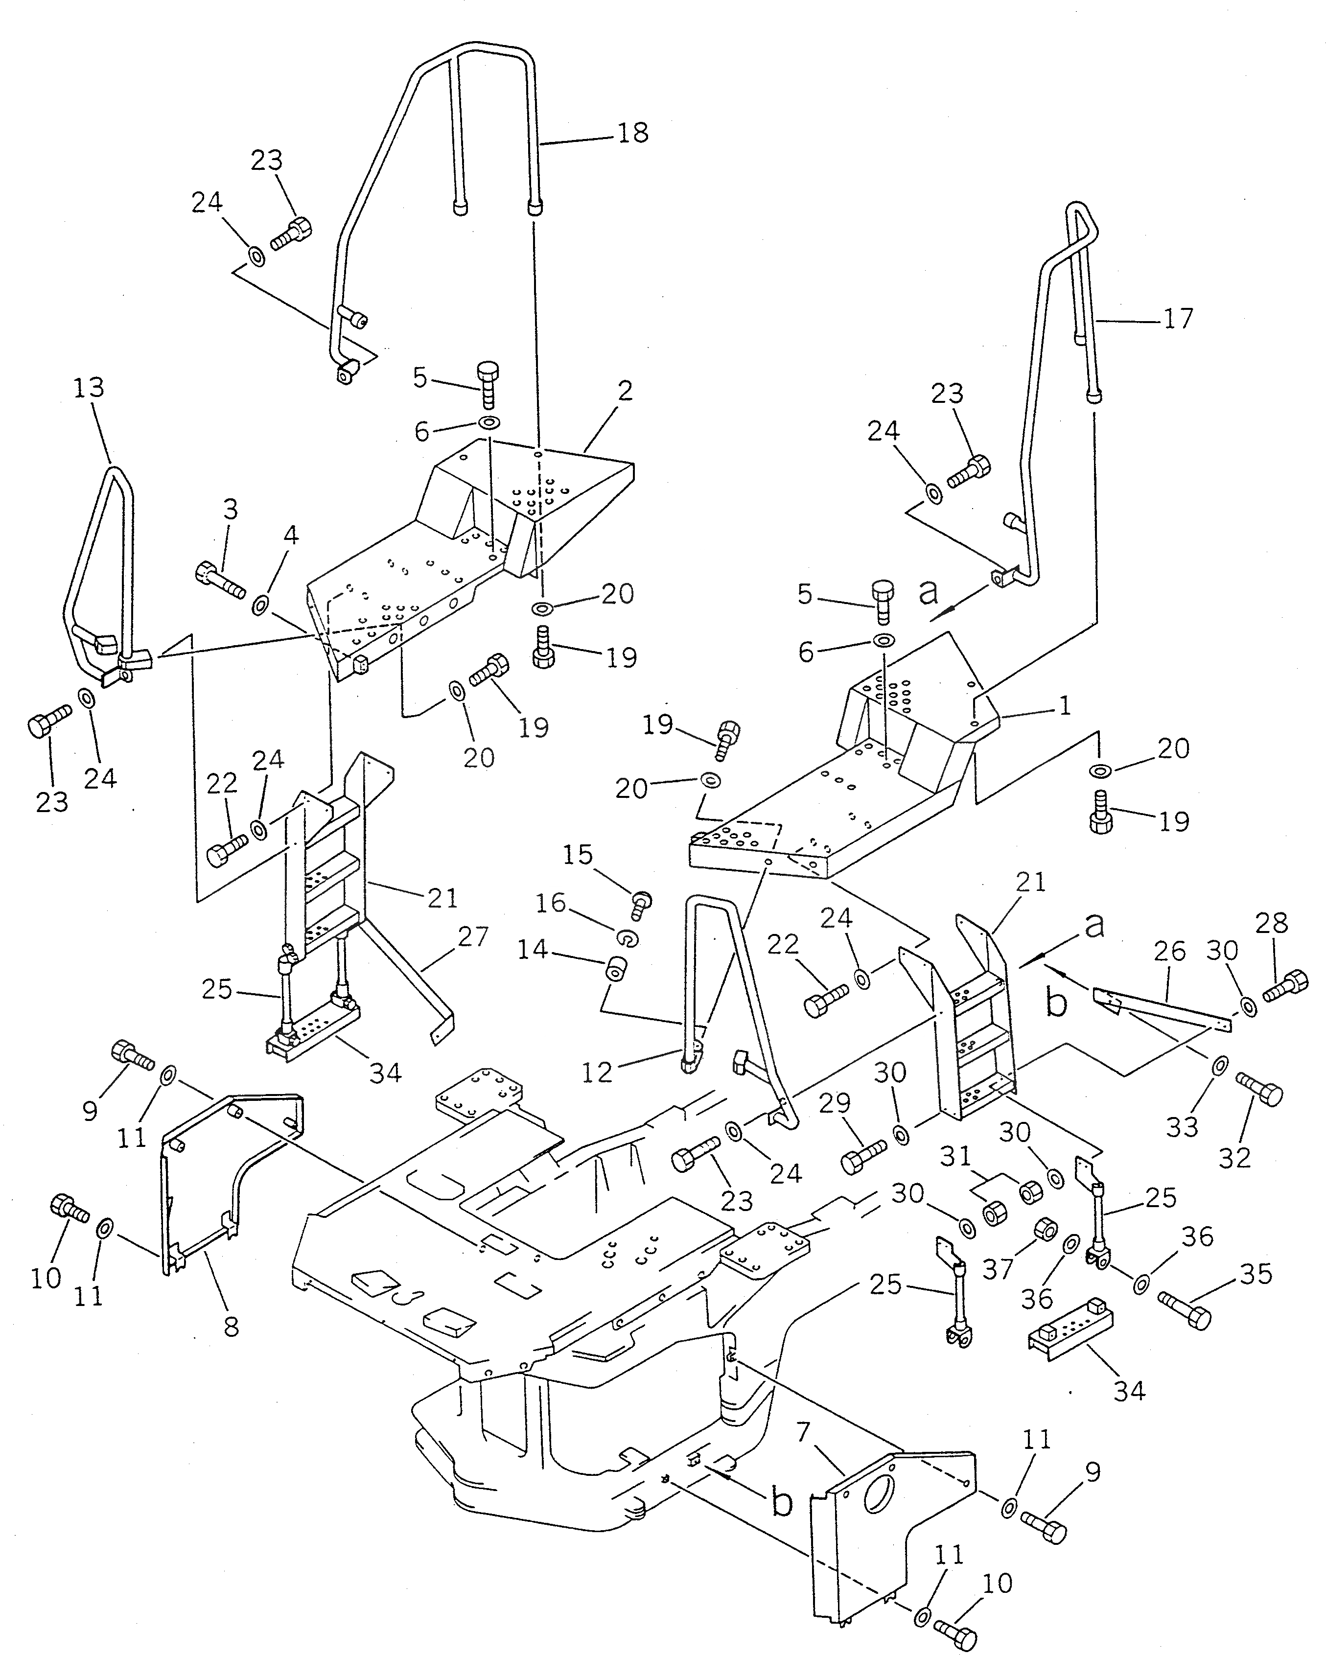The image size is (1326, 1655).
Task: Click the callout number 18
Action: [x=633, y=133]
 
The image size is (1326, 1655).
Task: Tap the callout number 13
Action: [x=89, y=388]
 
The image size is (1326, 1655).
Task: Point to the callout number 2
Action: [x=625, y=392]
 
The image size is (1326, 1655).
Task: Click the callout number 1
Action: [x=1064, y=705]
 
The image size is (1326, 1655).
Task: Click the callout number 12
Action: [x=597, y=1072]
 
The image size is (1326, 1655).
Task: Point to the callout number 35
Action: [x=1256, y=1274]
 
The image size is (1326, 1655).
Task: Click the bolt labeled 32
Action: [x=1259, y=1093]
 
